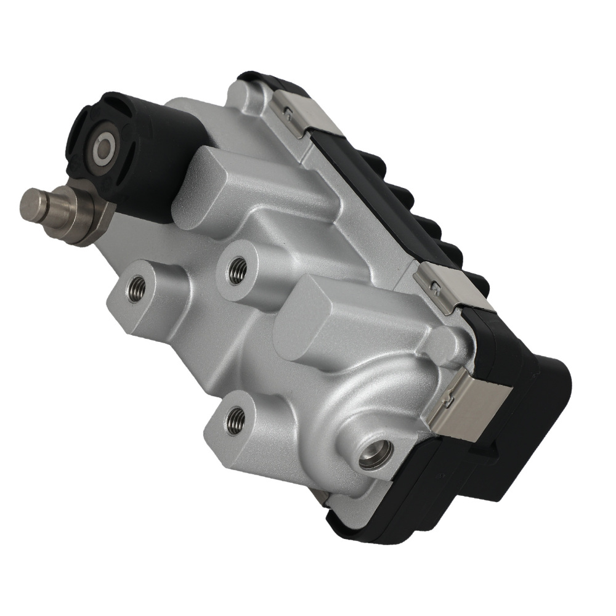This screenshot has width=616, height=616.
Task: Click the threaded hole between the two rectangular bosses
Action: (238, 269)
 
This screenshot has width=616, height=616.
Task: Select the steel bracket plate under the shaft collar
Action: (99, 228)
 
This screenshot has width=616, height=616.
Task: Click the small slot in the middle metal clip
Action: (435, 285)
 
